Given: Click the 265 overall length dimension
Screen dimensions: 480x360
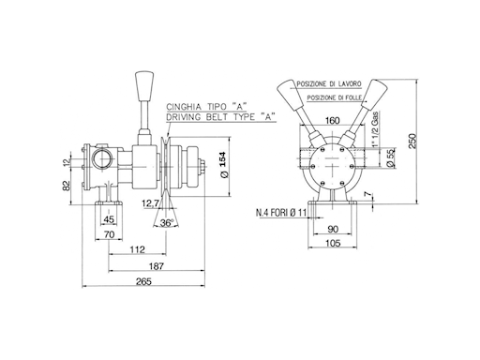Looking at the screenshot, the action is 143,281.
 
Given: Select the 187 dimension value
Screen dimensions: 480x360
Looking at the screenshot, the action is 157,266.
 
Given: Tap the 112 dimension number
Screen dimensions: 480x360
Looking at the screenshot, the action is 138,249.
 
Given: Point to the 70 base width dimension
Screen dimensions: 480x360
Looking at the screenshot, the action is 109,234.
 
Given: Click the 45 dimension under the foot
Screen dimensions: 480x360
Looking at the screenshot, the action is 109,219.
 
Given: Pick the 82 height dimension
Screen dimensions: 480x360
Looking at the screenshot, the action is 67,186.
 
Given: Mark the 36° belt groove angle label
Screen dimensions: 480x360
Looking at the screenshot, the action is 167,223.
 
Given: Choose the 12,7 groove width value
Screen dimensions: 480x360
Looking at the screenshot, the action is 150,204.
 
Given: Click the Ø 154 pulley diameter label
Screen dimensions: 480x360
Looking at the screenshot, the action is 224,165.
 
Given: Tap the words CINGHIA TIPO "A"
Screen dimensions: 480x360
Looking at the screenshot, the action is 204,107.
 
